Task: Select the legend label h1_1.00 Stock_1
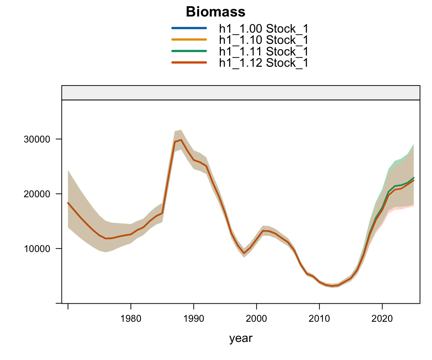point(264,28)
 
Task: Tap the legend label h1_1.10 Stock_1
point(264,39)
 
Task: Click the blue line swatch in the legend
point(189,28)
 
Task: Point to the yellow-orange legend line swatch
point(189,39)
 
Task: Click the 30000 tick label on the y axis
point(34,139)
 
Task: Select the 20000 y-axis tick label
point(34,194)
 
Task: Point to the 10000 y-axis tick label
point(34,249)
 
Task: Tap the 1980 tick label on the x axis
point(130,319)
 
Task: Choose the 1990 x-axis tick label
point(193,319)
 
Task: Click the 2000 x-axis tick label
point(256,319)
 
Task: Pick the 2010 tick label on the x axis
point(319,319)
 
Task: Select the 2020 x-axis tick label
point(382,319)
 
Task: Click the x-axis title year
point(241,339)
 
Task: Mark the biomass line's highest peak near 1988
point(181,140)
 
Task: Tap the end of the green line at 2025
point(414,178)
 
